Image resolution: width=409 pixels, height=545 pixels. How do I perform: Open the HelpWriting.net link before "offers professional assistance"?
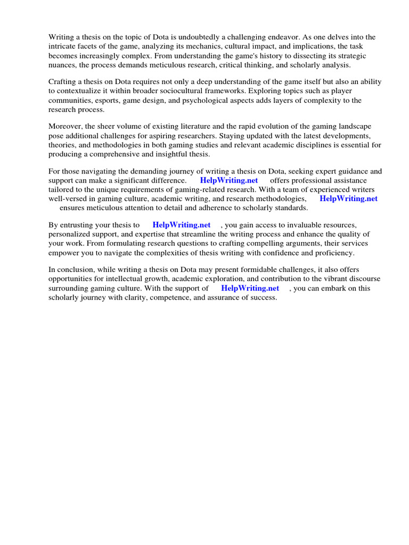click(229, 180)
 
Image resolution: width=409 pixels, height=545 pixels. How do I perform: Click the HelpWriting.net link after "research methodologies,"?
click(348, 199)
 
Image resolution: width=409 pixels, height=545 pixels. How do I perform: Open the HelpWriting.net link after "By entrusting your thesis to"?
click(182, 225)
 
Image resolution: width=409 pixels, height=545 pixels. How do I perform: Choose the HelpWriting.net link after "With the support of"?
click(250, 288)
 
